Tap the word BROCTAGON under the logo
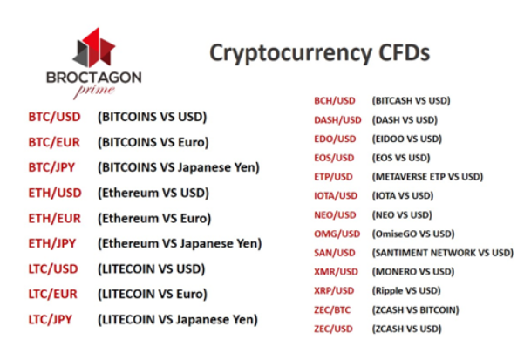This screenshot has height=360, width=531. (94, 78)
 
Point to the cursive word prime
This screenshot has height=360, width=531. (94, 91)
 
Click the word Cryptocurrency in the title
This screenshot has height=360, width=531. (290, 53)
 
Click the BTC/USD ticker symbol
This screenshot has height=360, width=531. (55, 117)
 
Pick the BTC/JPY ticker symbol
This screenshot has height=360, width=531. (51, 167)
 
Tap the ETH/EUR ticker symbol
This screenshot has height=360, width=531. (55, 219)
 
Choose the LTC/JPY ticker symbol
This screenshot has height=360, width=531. (51, 319)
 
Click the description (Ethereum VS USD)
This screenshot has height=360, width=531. (153, 193)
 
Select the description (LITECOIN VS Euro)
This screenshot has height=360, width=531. (153, 294)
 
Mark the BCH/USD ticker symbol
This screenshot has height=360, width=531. (335, 100)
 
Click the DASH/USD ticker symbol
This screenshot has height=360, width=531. (337, 120)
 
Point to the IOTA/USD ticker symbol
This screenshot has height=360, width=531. (336, 196)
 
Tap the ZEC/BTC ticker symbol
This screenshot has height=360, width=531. (332, 309)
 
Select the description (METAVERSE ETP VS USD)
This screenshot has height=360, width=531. (427, 177)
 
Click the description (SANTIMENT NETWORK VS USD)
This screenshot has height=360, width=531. (443, 253)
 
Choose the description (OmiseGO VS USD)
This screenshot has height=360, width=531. (413, 234)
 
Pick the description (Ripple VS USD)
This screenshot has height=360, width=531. (406, 291)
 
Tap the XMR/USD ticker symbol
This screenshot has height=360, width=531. (336, 272)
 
